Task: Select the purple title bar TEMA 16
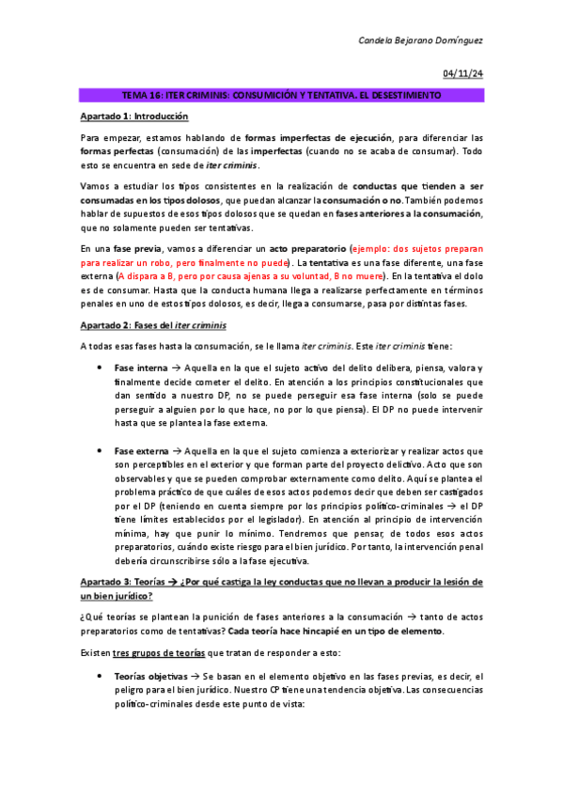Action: [x=281, y=96]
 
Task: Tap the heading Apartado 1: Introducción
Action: [x=134, y=117]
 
